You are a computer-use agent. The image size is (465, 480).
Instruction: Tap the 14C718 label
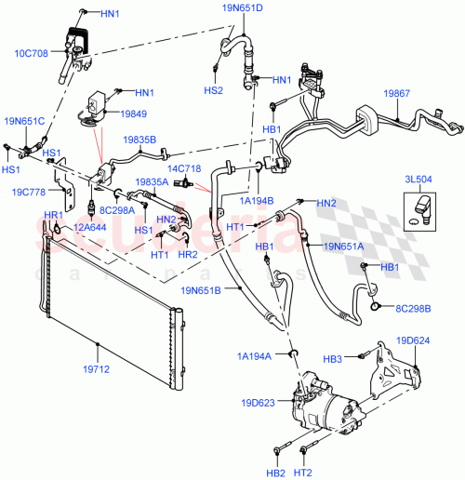pos(184,167)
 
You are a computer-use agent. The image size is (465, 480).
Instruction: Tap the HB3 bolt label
pos(358,358)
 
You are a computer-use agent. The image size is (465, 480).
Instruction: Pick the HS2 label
pos(214,90)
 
